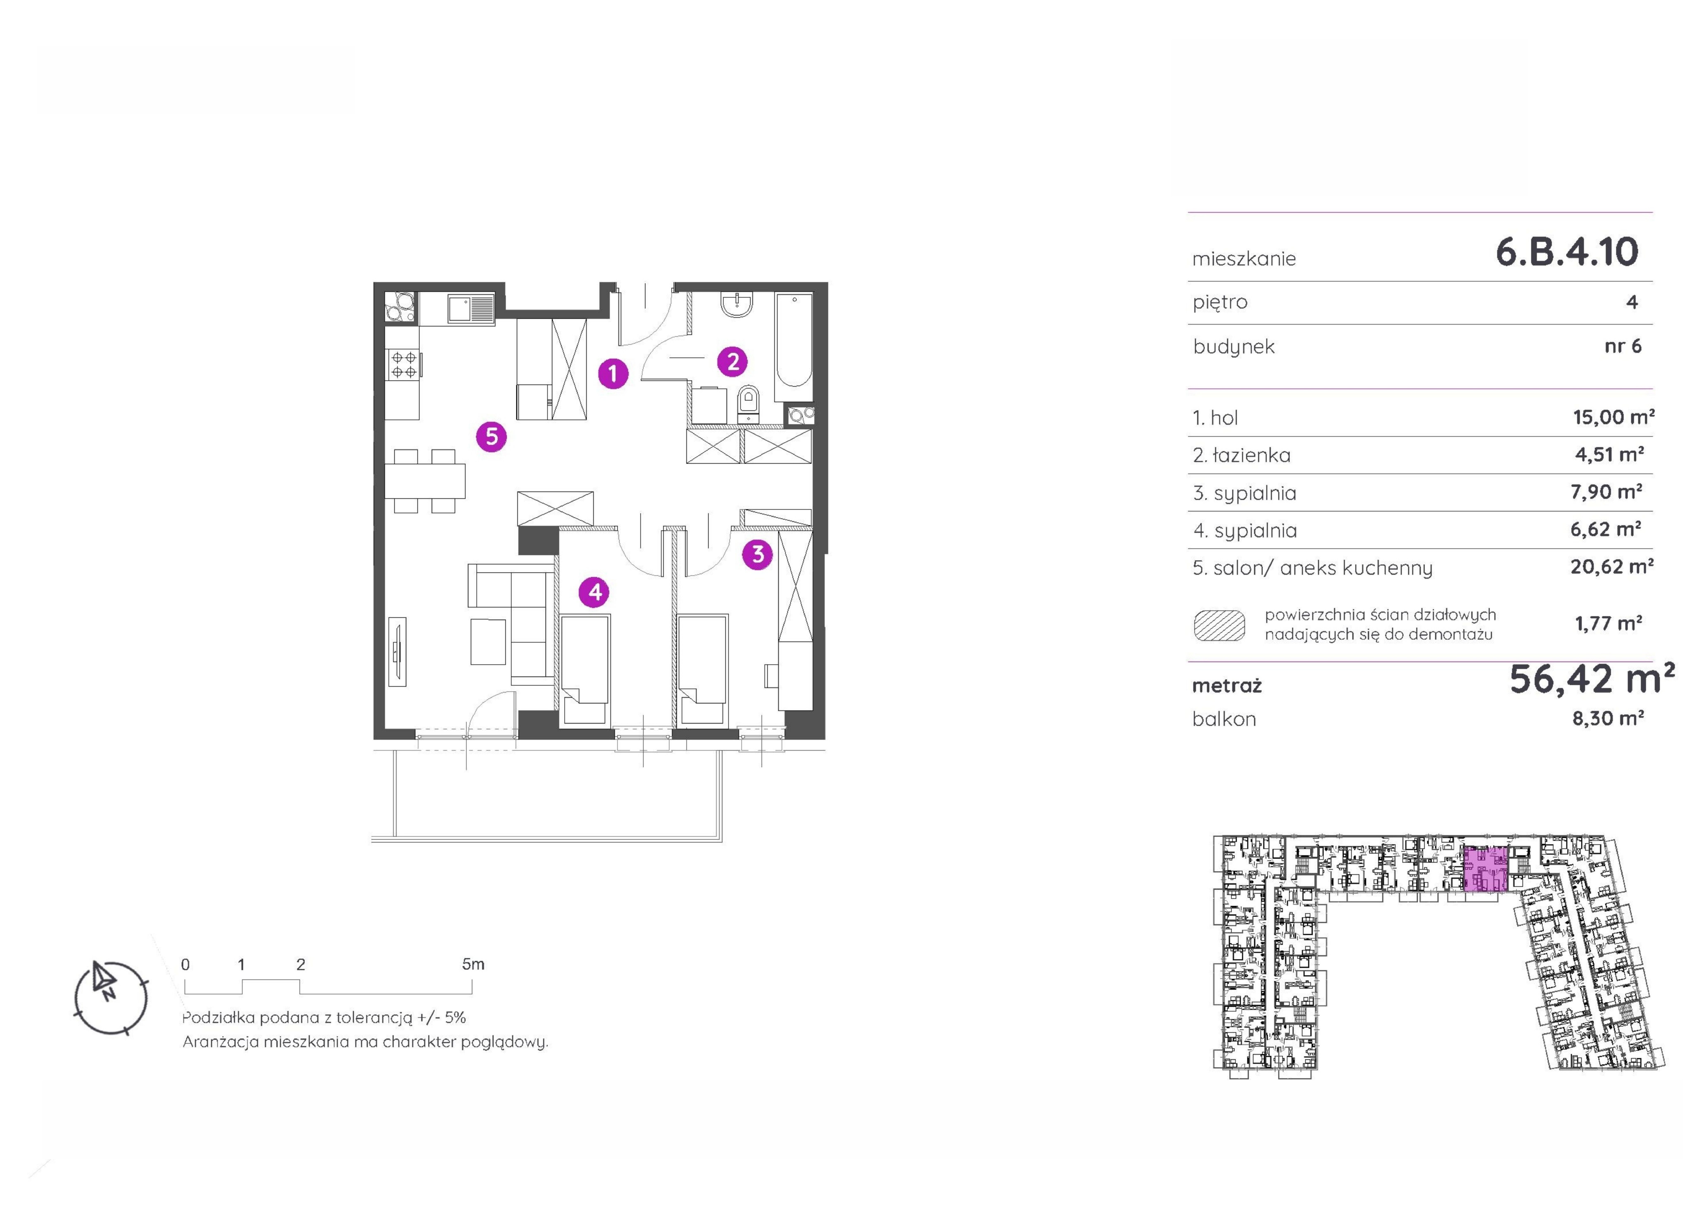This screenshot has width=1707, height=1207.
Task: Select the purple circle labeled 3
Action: point(757,554)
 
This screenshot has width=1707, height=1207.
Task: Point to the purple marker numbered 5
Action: point(491,437)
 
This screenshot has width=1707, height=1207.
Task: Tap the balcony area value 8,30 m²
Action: point(1607,718)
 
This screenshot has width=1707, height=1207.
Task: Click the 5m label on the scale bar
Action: point(473,964)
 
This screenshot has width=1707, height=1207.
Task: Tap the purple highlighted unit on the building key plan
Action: point(1485,869)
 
